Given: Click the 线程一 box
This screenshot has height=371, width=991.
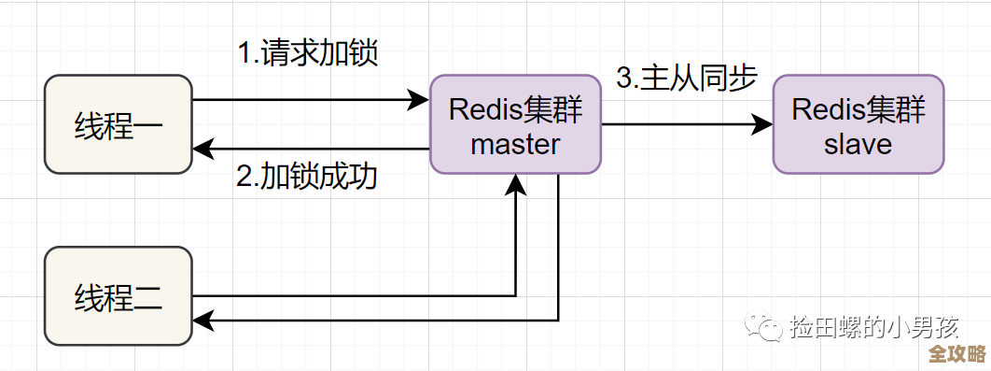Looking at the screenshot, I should point(119,125).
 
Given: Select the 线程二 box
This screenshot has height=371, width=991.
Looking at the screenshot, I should point(119,296).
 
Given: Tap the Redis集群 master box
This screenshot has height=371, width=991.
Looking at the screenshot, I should point(515,124).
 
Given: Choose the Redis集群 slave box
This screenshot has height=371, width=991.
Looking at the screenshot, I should point(858,124).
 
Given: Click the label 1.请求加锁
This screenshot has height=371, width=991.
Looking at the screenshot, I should point(307,52).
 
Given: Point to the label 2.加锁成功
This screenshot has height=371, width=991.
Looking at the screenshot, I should point(307,176).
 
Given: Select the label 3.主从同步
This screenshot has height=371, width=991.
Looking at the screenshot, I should point(686,78).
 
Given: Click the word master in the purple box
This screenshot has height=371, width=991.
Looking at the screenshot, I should point(515,144).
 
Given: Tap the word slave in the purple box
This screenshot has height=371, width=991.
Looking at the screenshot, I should point(858,144).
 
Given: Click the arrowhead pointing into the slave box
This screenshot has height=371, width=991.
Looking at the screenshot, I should point(762,124).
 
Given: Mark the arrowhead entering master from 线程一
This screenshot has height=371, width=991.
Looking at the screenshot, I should point(419,99).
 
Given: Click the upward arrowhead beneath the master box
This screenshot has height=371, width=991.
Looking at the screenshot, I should point(515,184).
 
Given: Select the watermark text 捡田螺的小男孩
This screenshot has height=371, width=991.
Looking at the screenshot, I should point(873,327).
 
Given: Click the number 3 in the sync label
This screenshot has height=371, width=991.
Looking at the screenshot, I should point(623,78).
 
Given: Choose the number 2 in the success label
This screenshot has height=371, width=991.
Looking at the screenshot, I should point(244,177).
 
